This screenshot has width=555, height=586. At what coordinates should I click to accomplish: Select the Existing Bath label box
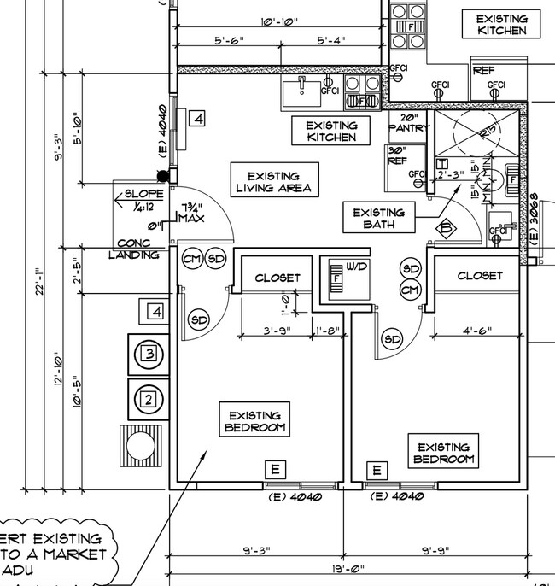(x=380, y=219)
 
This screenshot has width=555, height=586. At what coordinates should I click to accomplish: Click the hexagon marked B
(x=445, y=228)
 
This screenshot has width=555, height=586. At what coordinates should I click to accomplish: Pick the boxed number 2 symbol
(x=149, y=398)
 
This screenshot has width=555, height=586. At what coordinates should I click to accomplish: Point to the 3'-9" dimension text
(x=276, y=331)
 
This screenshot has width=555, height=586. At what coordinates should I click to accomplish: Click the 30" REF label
(x=397, y=155)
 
